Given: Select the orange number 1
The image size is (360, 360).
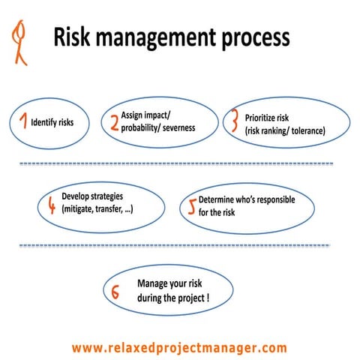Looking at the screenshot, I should point(23,120).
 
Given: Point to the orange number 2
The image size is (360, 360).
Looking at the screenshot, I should point(114,123).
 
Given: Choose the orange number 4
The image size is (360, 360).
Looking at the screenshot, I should point(50,204).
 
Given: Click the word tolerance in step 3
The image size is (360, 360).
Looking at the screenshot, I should point(304,131).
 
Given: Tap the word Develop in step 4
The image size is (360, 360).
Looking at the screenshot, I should point(77,196).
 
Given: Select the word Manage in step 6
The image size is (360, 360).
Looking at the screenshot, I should point(154,283).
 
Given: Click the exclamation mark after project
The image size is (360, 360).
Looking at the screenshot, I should point(207,297).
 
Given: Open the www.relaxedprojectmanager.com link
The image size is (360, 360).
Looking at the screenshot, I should point(179,347).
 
